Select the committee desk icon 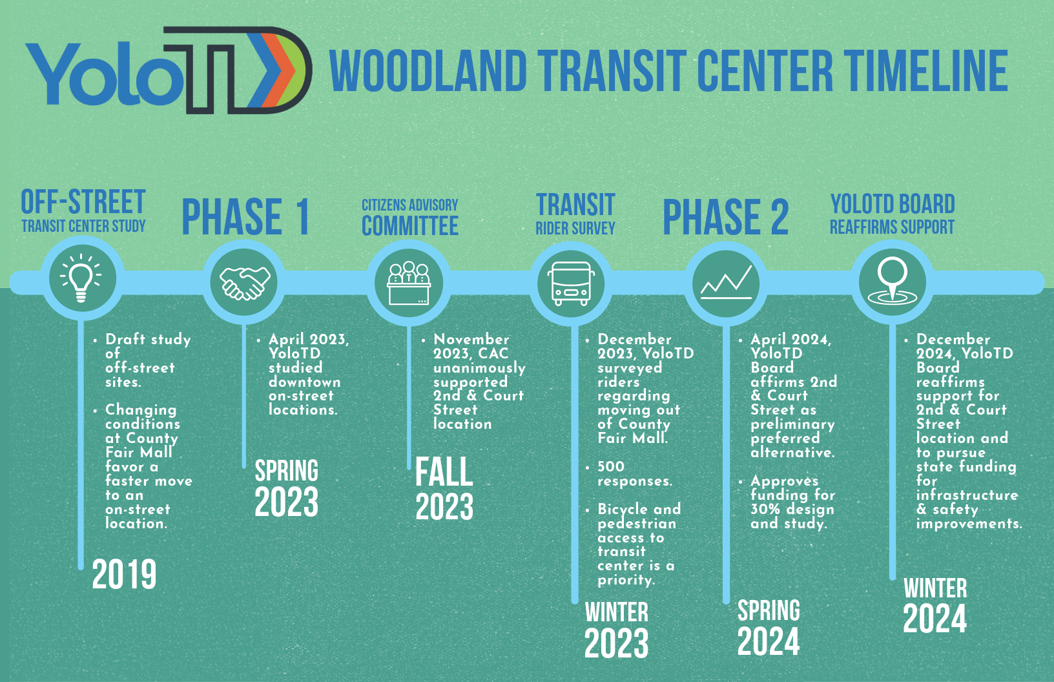(x=408, y=283)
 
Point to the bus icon (x=571, y=284)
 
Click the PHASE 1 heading (x=245, y=216)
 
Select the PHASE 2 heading (x=725, y=216)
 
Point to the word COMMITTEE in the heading (x=410, y=226)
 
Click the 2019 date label (x=124, y=575)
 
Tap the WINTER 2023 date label (x=616, y=629)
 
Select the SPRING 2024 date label (x=769, y=627)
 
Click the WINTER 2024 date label (x=935, y=604)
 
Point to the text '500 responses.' (x=635, y=473)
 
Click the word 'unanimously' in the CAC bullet (x=479, y=368)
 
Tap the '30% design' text (x=792, y=510)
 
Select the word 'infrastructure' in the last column (x=967, y=495)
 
